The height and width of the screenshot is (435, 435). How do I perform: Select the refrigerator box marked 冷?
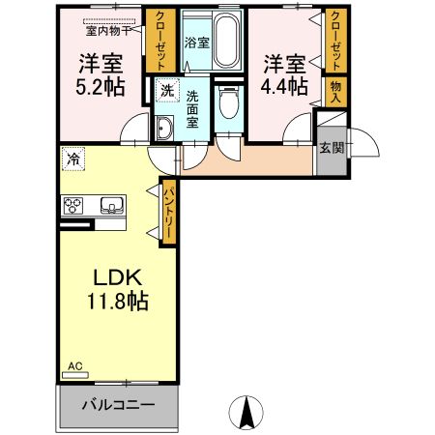tap(73, 156)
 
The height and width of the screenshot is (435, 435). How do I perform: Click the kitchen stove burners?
tap(74, 205)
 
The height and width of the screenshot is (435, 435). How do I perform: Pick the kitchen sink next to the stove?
tap(109, 205)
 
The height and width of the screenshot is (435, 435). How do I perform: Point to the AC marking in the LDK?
tap(74, 367)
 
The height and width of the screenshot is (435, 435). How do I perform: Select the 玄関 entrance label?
tap(329, 146)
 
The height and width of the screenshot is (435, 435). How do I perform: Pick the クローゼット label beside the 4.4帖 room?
tap(335, 42)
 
